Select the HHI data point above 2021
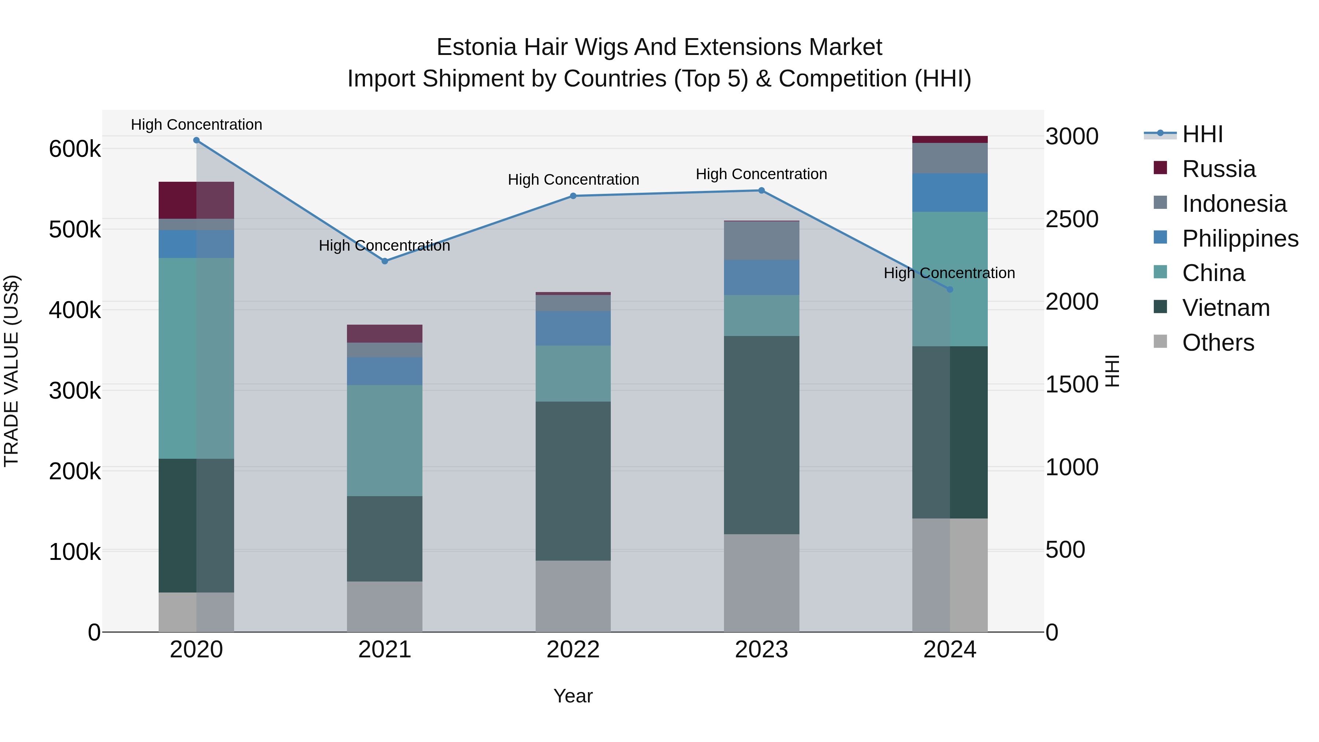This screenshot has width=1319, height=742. (385, 261)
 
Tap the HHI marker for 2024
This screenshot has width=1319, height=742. (950, 289)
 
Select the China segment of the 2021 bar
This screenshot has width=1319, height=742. (385, 440)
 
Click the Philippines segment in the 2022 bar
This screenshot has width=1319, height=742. (573, 328)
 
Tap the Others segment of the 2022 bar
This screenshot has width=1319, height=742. (573, 596)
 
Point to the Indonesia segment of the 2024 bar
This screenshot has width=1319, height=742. (950, 158)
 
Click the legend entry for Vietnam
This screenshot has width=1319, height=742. (1226, 308)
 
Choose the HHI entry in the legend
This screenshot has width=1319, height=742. (1202, 134)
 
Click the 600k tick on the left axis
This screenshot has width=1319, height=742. (75, 149)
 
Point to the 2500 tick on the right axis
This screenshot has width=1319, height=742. (1072, 219)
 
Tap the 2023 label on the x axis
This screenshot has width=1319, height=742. (761, 650)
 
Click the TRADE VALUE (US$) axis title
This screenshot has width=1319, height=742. (11, 371)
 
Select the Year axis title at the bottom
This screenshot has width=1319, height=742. (573, 696)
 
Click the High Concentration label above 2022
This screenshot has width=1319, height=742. (573, 180)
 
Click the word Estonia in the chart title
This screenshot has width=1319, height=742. (476, 47)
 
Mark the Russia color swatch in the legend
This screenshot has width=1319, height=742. (1160, 168)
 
